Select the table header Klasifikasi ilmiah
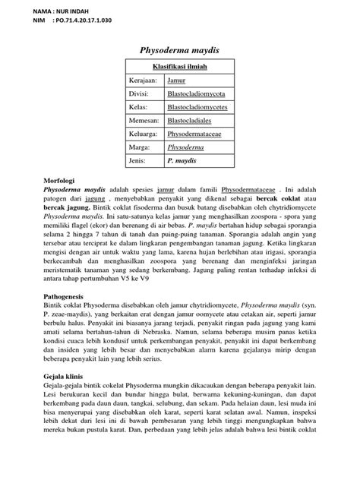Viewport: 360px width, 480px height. coord(179,67)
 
